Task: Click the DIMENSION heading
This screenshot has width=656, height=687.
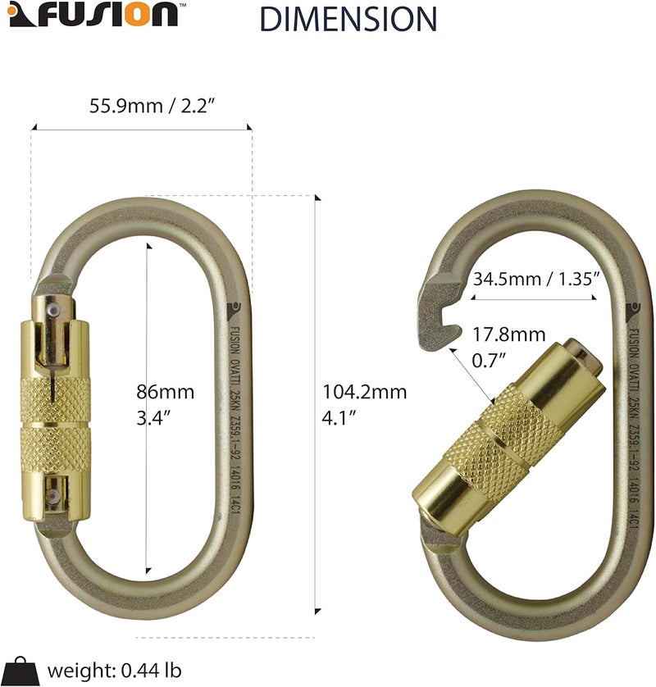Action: pyautogui.click(x=348, y=18)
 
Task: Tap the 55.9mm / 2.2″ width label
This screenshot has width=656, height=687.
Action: pyautogui.click(x=140, y=106)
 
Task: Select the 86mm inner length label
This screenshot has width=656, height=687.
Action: pyautogui.click(x=166, y=392)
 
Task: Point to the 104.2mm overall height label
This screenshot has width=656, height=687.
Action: pyautogui.click(x=365, y=392)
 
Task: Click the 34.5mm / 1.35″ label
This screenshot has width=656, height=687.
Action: pyautogui.click(x=537, y=279)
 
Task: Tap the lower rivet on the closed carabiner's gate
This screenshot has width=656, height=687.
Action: pyautogui.click(x=52, y=494)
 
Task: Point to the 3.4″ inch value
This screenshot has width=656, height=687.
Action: pyautogui.click(x=154, y=416)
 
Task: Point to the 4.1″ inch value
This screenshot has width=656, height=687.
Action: pyautogui.click(x=339, y=416)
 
